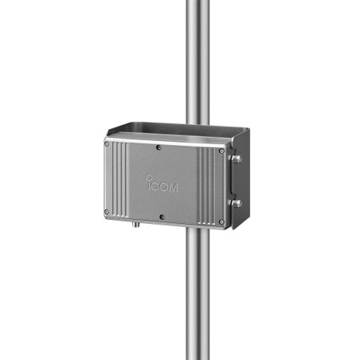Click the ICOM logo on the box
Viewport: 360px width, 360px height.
pos(162,186)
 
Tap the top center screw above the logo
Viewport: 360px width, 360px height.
pos(160,147)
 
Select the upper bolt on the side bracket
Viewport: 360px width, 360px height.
pos(236,159)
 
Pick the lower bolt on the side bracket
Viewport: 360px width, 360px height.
pos(236,202)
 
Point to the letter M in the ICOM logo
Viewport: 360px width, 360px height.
pos(174,188)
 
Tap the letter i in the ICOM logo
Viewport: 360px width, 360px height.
pos(148,183)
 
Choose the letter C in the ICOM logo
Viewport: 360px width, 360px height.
pos(155,186)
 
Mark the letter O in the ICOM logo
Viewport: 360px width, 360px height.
pos(164,187)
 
